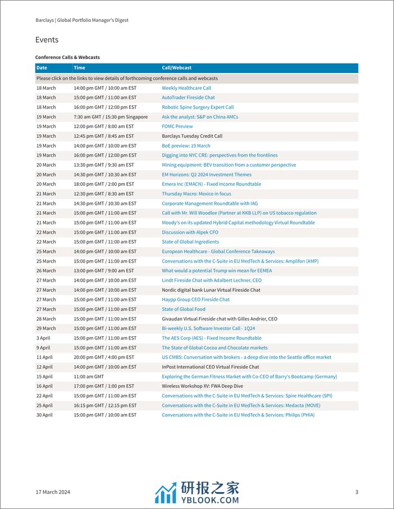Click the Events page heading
pyautogui.click(x=47, y=40)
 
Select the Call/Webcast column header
pyautogui.click(x=177, y=68)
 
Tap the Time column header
pyautogui.click(x=79, y=68)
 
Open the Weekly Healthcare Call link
pyautogui.click(x=186, y=88)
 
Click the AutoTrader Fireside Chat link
pyautogui.click(x=188, y=98)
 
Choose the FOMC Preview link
pyautogui.click(x=177, y=126)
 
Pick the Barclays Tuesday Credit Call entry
pyautogui.click(x=192, y=136)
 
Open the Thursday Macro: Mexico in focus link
pyautogui.click(x=196, y=194)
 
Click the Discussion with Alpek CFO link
pyautogui.click(x=190, y=232)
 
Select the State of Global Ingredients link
pyautogui.click(x=190, y=242)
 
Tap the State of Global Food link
pyautogui.click(x=184, y=309)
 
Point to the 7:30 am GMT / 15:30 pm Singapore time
pyautogui.click(x=111, y=117)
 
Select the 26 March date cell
pyautogui.click(x=46, y=270)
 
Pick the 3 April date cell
pyautogui.click(x=44, y=338)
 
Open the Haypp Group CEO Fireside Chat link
pyautogui.click(x=195, y=300)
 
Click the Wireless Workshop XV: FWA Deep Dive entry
pyautogui.click(x=203, y=386)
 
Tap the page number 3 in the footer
pyautogui.click(x=356, y=492)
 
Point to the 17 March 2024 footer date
pyautogui.click(x=53, y=492)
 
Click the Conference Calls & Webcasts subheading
pyautogui.click(x=67, y=57)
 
